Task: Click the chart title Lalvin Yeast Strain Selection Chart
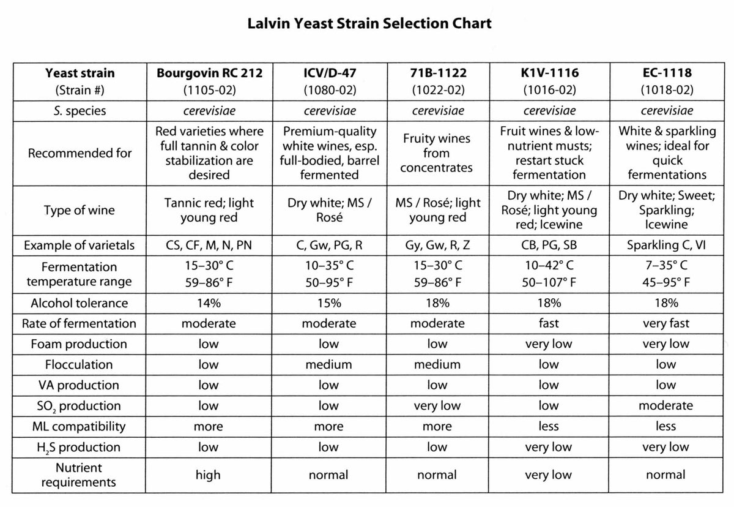369,24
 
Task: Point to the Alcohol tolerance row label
80,303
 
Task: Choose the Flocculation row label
80,365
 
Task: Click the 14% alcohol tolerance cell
208,303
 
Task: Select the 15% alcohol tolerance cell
330,303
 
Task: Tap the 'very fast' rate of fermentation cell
666,323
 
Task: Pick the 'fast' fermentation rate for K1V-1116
549,323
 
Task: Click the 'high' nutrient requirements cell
208,475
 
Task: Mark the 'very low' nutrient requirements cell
549,475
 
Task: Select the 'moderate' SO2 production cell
666,406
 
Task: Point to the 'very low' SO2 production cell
437,406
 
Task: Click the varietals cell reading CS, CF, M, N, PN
209,246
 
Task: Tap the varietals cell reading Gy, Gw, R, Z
437,246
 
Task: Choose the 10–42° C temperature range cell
549,266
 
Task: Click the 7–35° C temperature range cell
666,266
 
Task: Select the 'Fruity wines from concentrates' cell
437,153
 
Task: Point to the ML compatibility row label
80,427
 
